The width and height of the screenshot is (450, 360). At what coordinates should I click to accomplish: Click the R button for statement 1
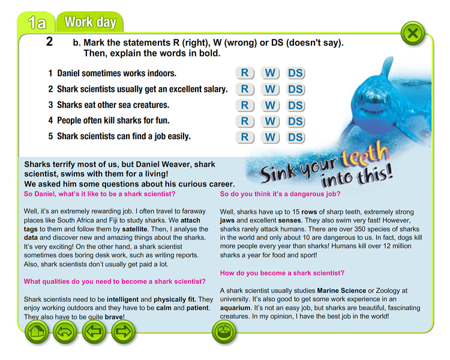point(245,73)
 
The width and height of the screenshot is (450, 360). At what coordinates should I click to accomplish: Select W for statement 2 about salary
point(270,89)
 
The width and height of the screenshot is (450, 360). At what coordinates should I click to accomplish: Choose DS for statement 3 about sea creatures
point(295,106)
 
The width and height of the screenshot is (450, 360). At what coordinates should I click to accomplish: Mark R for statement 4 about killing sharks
point(245,121)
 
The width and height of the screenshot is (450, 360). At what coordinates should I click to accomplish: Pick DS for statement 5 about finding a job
point(295,137)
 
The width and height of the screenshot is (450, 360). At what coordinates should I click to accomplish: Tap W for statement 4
point(270,121)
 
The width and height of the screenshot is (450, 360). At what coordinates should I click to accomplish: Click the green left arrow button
point(93,331)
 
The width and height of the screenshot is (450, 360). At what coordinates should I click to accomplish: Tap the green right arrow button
point(123,331)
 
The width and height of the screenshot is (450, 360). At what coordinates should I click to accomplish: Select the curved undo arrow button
point(64,331)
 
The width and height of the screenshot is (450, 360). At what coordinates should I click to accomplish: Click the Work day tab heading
point(90,23)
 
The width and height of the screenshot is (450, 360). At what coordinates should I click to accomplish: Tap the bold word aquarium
point(239,306)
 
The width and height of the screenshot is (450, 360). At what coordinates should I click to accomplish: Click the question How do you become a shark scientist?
point(282,273)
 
